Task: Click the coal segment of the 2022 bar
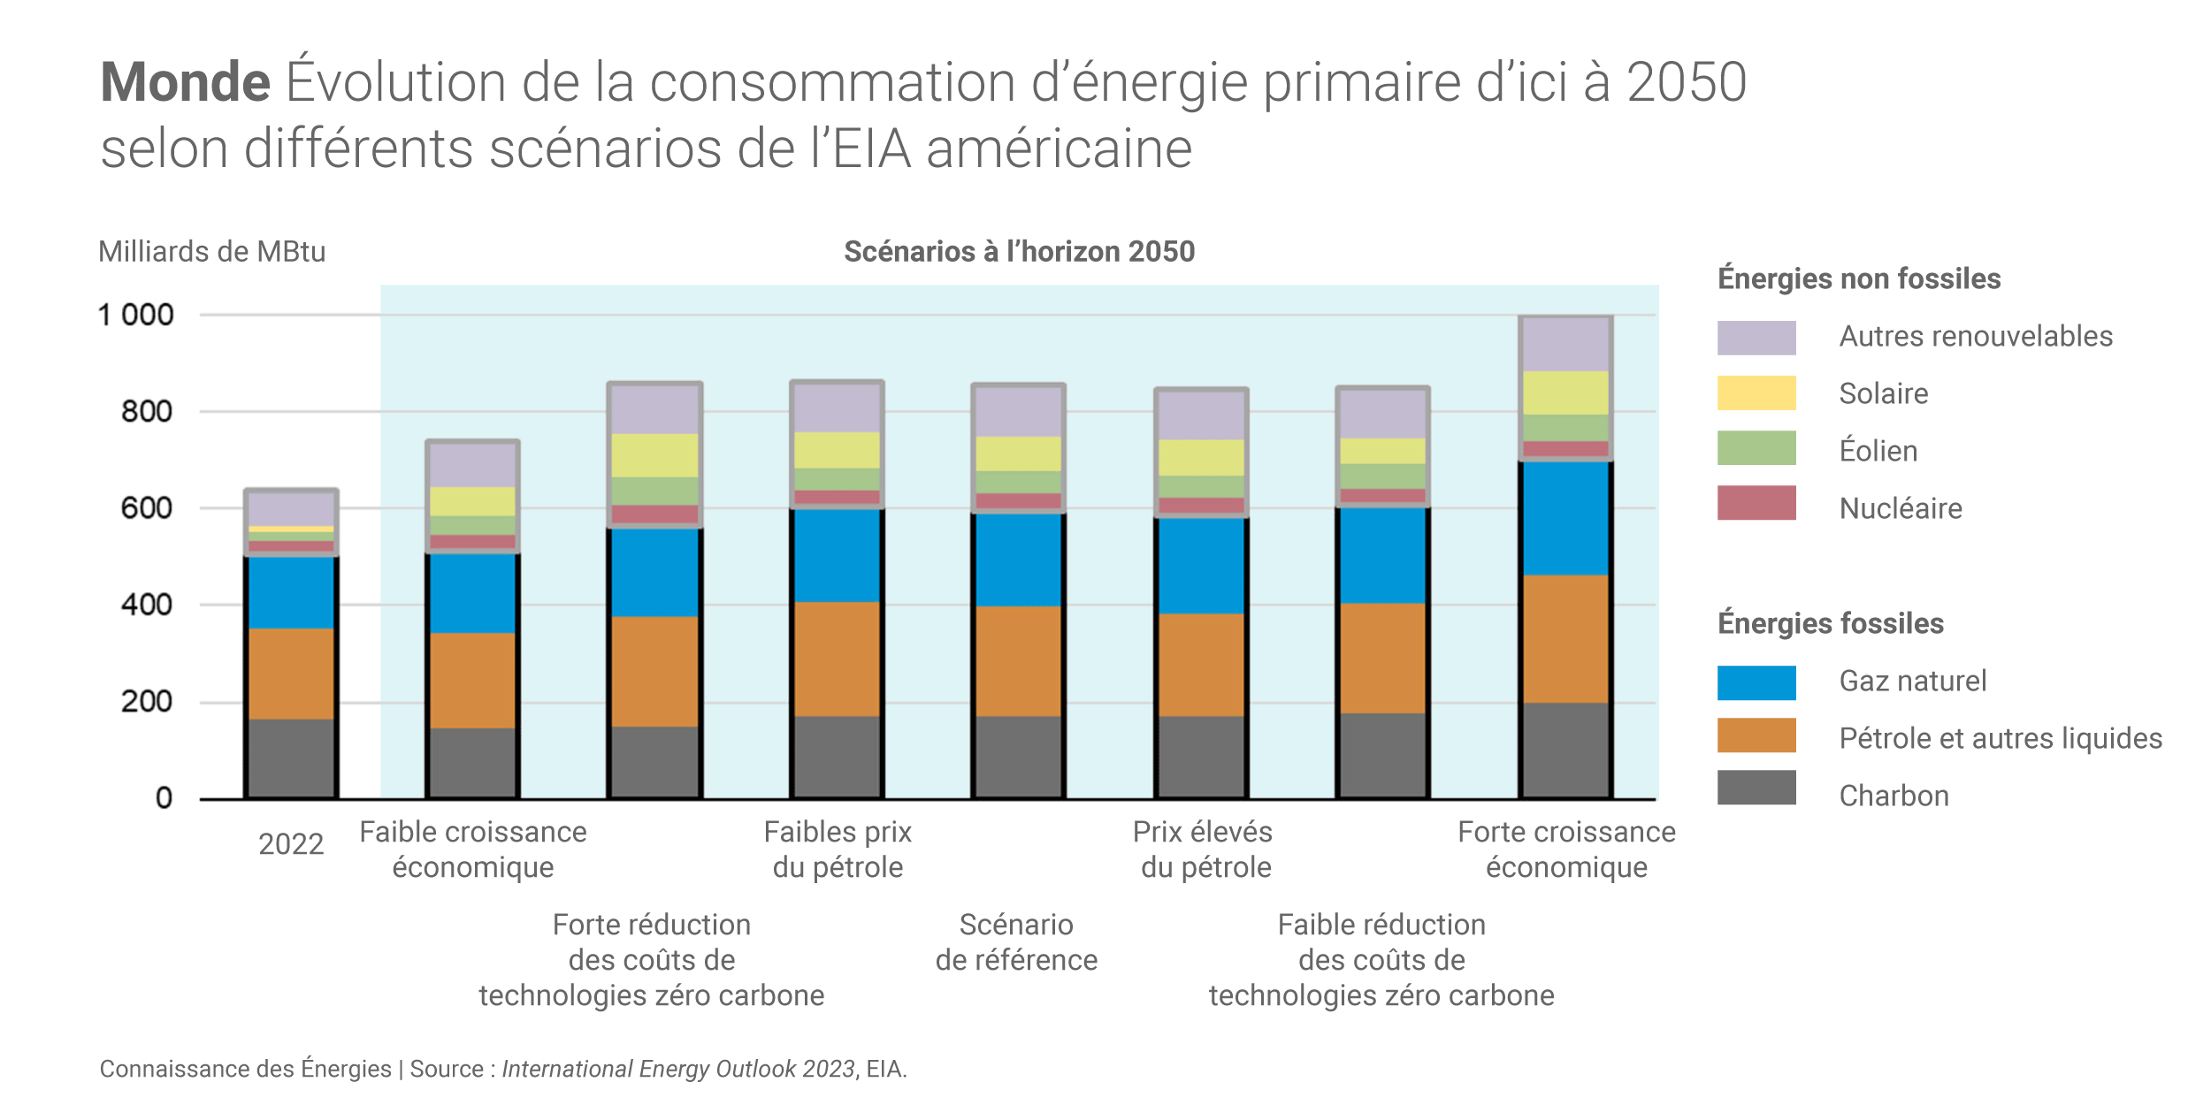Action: click(291, 758)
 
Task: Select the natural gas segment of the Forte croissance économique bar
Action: click(1565, 519)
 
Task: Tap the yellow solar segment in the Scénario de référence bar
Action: click(1018, 453)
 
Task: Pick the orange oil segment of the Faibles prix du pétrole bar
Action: click(837, 659)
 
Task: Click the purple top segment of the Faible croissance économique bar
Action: click(472, 465)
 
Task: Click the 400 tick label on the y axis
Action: click(146, 606)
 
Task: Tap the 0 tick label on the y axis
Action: click(164, 798)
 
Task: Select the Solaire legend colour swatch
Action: click(1756, 393)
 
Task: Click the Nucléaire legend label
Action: click(1900, 508)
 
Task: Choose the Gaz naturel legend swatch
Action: click(1756, 682)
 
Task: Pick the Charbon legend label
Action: click(1894, 796)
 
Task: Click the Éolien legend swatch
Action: click(1756, 448)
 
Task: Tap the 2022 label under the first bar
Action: click(291, 844)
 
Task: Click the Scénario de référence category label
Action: click(1016, 942)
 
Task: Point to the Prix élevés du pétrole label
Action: click(1203, 850)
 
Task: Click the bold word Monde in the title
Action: click(185, 82)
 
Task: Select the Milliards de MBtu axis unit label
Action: click(211, 252)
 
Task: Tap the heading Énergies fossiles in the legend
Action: click(1830, 623)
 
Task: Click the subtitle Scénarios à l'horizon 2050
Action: click(1019, 252)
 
